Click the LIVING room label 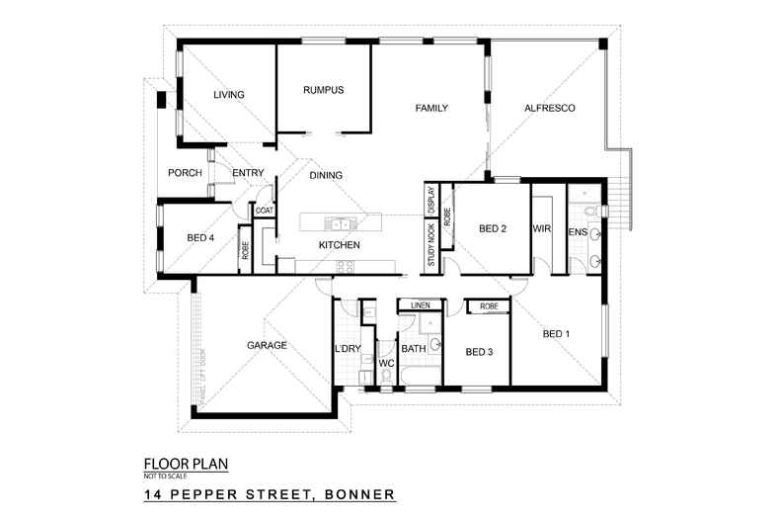[x=228, y=95]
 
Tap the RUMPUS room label [x=323, y=90]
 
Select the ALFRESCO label [x=550, y=107]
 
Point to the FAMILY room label [x=431, y=107]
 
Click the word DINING [x=326, y=176]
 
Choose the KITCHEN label [x=338, y=244]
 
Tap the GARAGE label [x=267, y=346]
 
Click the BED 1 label [x=556, y=334]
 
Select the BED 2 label [x=492, y=229]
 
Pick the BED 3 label [x=479, y=352]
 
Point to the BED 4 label [x=200, y=238]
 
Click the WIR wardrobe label [x=542, y=229]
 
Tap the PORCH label [x=185, y=173]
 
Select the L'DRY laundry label [x=349, y=349]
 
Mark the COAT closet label [x=264, y=211]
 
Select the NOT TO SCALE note [x=166, y=477]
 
